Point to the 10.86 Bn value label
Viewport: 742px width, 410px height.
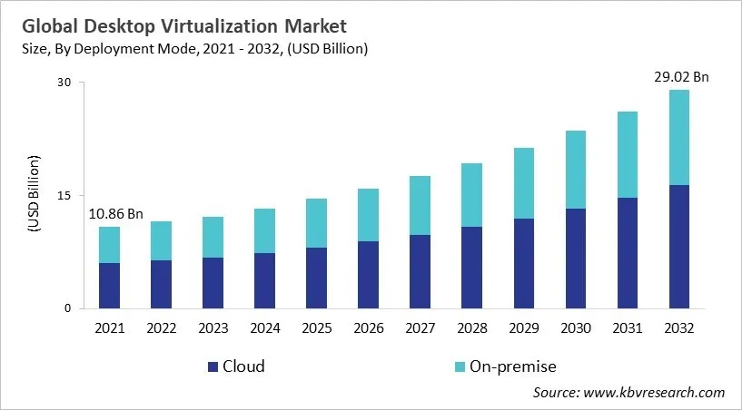pos(116,214)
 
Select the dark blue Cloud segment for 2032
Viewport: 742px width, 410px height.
pos(679,247)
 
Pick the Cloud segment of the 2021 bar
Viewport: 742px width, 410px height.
pos(109,286)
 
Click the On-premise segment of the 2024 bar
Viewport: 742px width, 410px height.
pos(264,230)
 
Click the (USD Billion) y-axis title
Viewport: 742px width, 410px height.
pos(34,195)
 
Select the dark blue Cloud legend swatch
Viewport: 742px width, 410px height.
pos(213,366)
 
